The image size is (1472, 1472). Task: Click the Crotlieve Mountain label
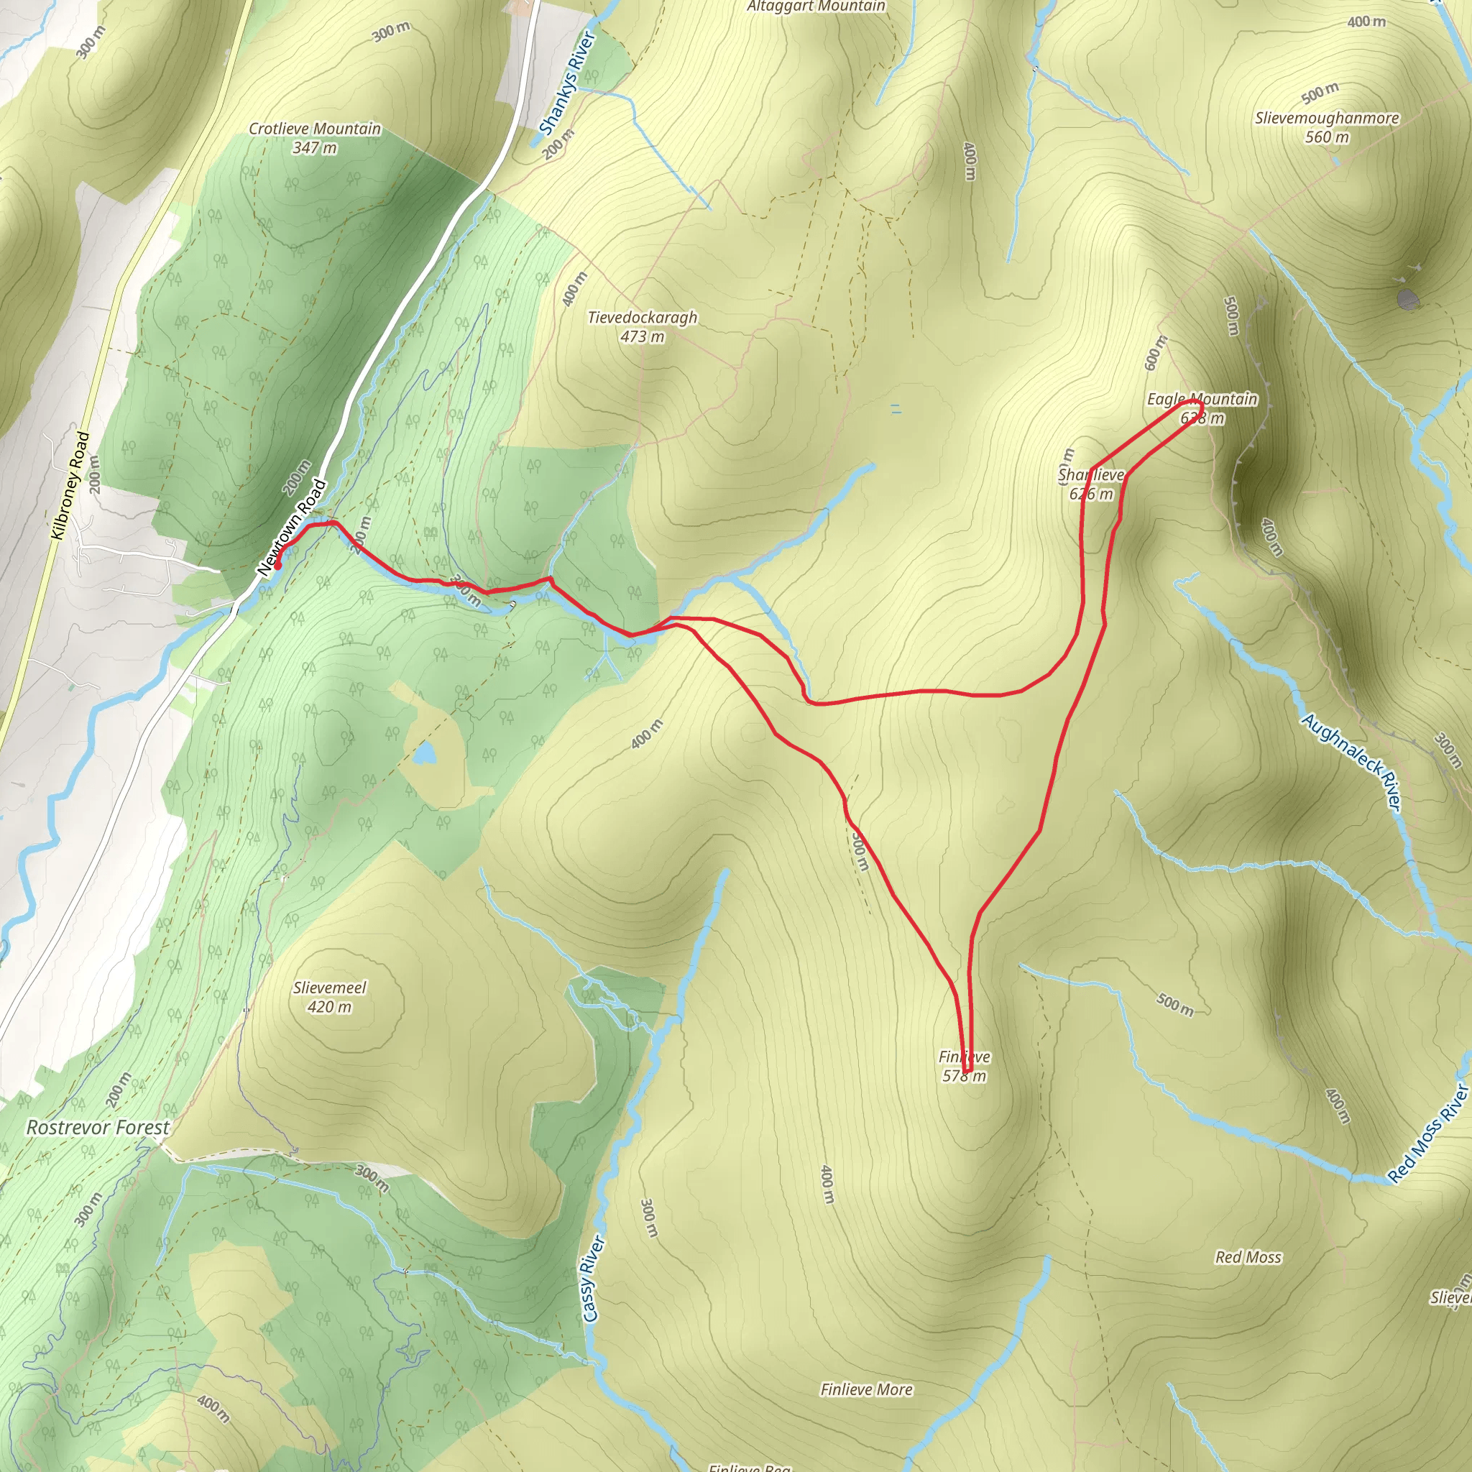314,129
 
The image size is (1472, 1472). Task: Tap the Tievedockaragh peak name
642,317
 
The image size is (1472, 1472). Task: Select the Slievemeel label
329,988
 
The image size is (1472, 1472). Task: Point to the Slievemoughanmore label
1327,118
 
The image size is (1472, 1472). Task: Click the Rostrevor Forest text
98,1127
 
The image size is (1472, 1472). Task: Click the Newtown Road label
292,528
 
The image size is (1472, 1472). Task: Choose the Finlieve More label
866,1390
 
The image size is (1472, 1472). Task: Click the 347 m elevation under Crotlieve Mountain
314,148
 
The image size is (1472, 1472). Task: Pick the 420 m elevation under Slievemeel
329,1006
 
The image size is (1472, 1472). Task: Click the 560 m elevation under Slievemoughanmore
1327,137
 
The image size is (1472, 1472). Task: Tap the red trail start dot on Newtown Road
278,566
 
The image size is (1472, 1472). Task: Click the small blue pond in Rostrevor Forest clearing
423,753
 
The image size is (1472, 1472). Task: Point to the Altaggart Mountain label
815,7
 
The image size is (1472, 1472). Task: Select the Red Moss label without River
1248,1257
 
